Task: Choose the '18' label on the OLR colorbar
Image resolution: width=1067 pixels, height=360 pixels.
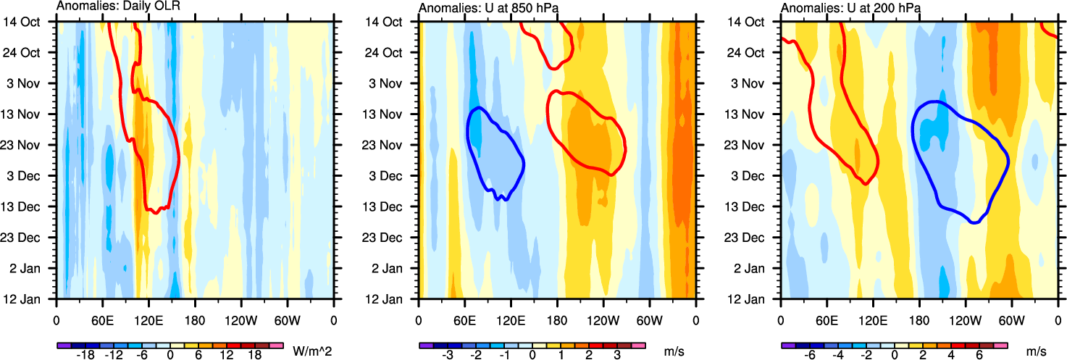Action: [255, 356]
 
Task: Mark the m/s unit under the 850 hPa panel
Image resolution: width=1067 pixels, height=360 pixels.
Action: [670, 351]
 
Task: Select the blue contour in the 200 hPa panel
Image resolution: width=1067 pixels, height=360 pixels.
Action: [1008, 161]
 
